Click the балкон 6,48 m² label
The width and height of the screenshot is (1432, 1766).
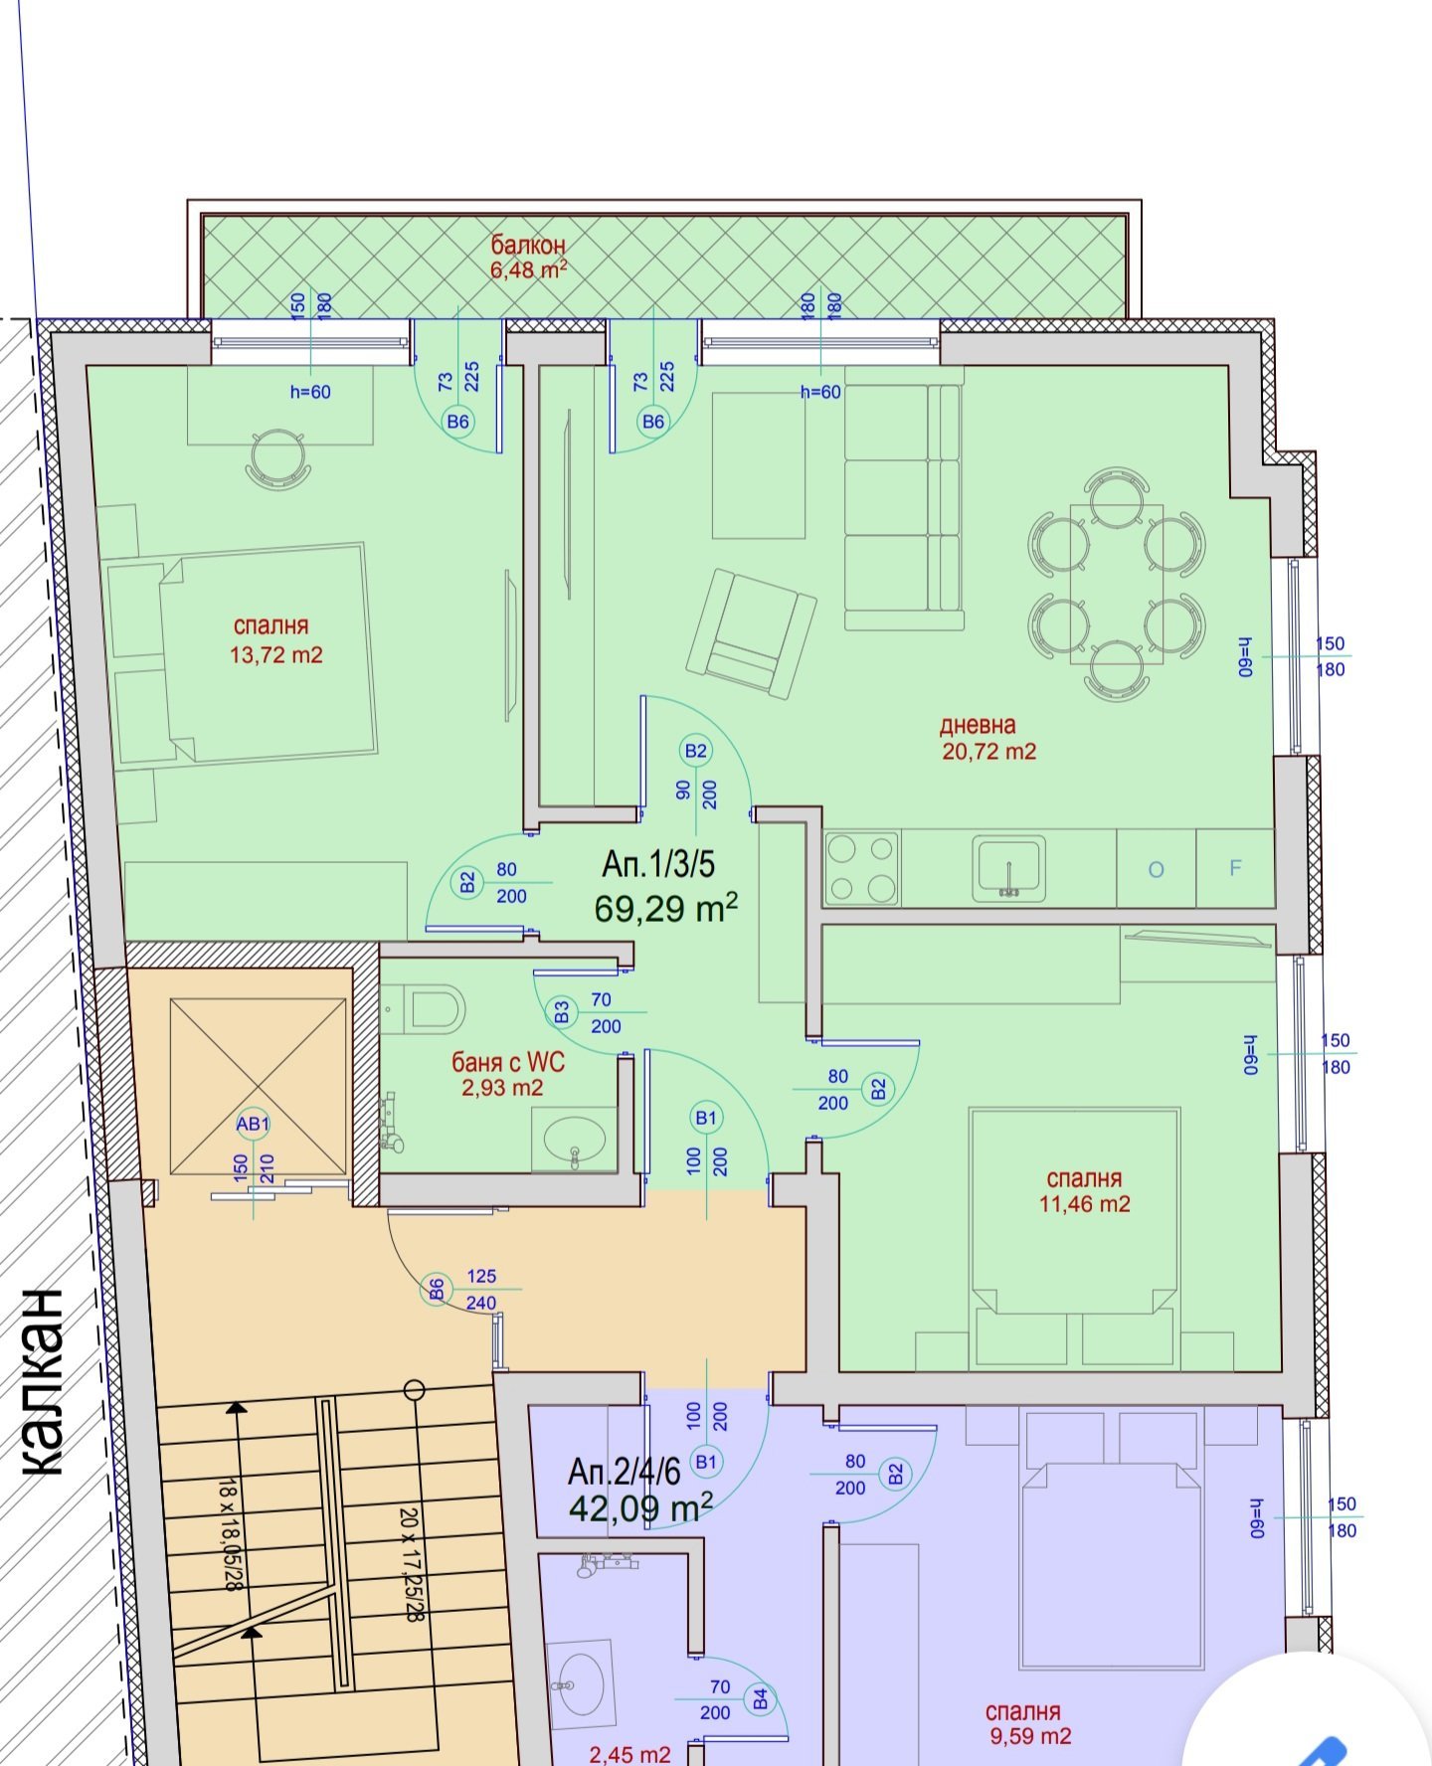click(x=529, y=257)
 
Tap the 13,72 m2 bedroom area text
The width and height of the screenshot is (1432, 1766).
click(x=276, y=655)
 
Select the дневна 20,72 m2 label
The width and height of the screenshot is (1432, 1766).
click(x=988, y=738)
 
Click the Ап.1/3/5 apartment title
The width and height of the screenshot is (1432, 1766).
click(x=658, y=864)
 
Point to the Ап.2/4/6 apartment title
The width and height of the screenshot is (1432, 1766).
click(x=625, y=1471)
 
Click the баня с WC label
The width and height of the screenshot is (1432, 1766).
click(x=508, y=1062)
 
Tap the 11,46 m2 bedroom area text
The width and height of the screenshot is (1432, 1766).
click(x=1085, y=1204)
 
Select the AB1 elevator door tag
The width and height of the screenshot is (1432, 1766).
click(x=253, y=1124)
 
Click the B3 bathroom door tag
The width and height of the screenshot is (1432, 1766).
click(x=562, y=1012)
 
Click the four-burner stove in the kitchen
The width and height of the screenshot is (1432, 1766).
click(x=861, y=868)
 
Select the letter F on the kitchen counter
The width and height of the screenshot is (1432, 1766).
click(x=1235, y=868)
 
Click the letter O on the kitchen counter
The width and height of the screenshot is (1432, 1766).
click(x=1156, y=869)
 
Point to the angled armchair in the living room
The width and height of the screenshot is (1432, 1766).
click(x=751, y=632)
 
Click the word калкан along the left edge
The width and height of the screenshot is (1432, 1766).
click(x=44, y=1382)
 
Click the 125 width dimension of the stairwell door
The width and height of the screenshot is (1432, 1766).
click(x=480, y=1276)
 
